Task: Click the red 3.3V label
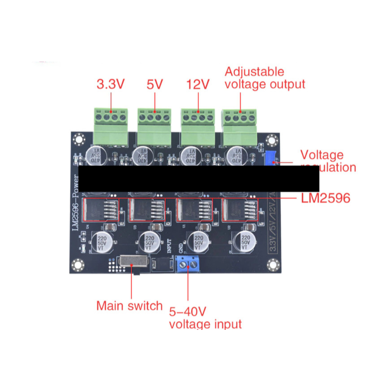(x=110, y=84)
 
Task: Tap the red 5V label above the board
(x=155, y=84)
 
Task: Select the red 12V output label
(x=198, y=84)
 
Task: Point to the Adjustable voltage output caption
(x=265, y=78)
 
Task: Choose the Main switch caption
(x=129, y=306)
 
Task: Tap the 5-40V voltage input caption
(x=205, y=318)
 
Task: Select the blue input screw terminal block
(x=188, y=264)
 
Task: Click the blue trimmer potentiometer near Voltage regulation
(x=270, y=158)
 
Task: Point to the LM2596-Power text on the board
(x=76, y=203)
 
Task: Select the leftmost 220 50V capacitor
(x=100, y=241)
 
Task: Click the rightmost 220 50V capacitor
(x=245, y=241)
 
